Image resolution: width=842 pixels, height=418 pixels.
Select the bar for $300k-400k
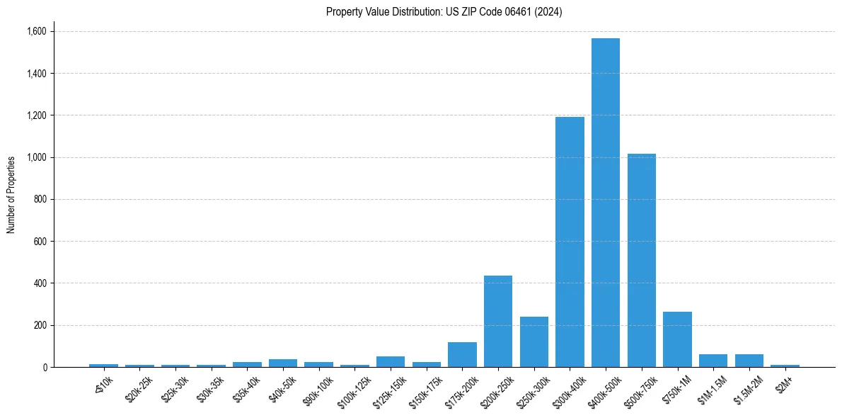(x=570, y=242)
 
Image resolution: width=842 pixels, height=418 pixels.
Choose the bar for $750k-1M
(x=677, y=339)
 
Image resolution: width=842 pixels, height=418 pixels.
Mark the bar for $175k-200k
(x=462, y=354)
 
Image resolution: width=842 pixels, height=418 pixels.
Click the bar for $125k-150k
(x=391, y=361)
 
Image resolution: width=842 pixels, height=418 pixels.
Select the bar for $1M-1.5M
(x=713, y=361)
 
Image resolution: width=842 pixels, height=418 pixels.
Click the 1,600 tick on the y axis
(x=36, y=31)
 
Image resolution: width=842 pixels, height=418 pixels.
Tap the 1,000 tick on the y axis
(x=36, y=157)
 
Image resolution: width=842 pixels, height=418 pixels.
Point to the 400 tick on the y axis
(x=40, y=283)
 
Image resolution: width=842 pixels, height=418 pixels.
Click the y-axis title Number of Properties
(x=11, y=194)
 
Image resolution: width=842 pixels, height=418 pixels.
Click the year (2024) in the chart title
(x=548, y=12)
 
